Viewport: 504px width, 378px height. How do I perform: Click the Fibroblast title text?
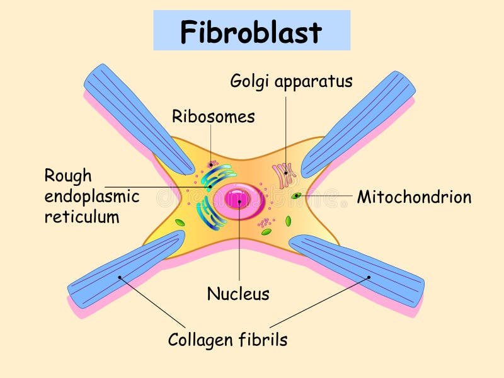point(251,31)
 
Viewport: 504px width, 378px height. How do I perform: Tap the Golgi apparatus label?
point(291,81)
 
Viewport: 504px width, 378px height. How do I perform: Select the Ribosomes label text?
point(213,117)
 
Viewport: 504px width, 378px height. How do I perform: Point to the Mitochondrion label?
point(414,197)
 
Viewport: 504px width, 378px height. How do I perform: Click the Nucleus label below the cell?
point(238,294)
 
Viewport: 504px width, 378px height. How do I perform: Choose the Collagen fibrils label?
point(227,340)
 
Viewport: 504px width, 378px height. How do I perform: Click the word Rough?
point(67,176)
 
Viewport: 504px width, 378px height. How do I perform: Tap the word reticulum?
point(82,217)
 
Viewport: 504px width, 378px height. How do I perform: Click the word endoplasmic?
point(92,197)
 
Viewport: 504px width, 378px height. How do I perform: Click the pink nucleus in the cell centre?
point(238,200)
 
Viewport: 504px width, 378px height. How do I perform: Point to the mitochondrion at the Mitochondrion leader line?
point(295,196)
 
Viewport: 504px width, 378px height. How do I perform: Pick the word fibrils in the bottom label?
point(262,340)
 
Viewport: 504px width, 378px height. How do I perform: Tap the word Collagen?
point(198,340)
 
